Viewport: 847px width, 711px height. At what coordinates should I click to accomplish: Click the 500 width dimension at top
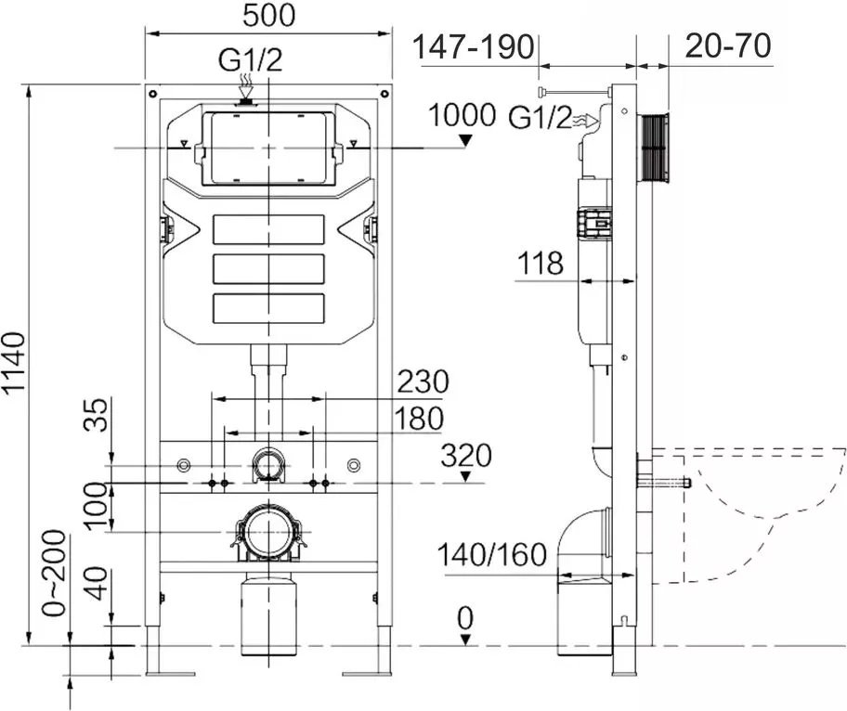[x=268, y=16]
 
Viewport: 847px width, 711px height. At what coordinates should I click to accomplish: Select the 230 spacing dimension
[x=423, y=381]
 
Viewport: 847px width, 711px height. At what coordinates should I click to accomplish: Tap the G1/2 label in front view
[x=250, y=61]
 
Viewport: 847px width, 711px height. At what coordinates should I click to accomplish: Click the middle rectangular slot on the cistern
[x=268, y=268]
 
